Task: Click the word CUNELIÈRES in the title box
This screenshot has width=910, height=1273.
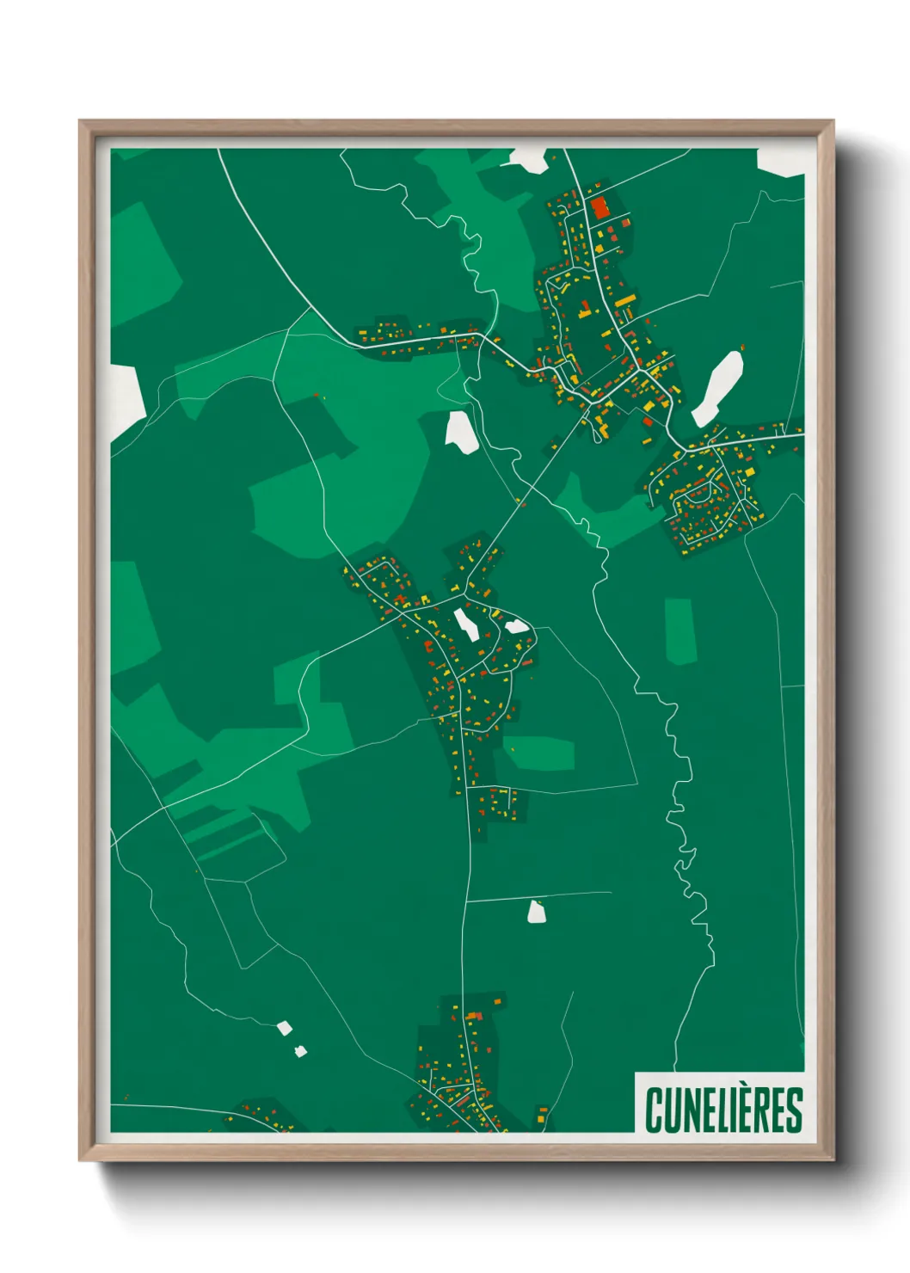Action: pos(723,1110)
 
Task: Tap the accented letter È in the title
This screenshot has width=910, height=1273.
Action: pos(746,1110)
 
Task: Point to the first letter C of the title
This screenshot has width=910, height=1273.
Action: pos(654,1110)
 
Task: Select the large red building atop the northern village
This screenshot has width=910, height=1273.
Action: pos(599,207)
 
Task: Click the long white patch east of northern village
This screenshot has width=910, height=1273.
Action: pos(717,387)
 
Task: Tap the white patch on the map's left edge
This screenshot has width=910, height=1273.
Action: pos(126,399)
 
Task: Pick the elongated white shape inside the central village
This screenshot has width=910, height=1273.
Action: pos(467,623)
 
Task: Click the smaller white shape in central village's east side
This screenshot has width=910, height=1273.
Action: pos(517,626)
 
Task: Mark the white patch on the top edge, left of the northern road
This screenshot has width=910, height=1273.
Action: pos(529,158)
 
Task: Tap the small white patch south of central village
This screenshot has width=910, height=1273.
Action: pos(537,912)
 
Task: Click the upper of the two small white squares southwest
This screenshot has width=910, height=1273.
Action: pos(284,1027)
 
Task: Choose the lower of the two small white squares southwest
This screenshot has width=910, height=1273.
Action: pos(300,1050)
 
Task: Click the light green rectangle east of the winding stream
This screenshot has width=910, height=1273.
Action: pos(680,630)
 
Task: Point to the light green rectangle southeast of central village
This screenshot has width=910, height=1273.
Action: pos(539,753)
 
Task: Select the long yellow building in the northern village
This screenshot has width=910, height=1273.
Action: pos(625,301)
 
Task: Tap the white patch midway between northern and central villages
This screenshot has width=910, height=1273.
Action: pos(462,431)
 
